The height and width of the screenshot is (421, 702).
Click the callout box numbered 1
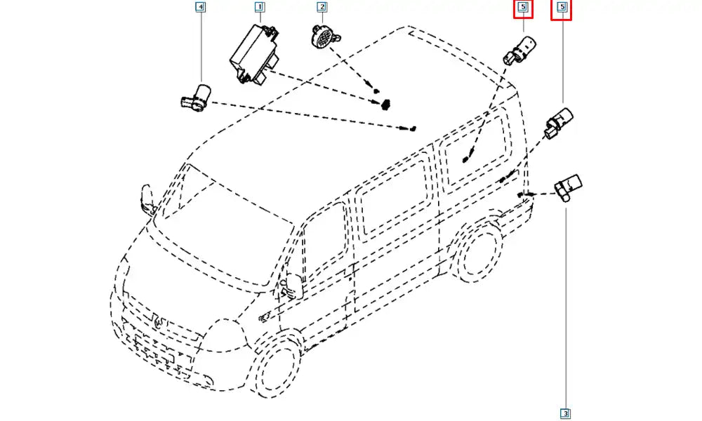tap(259, 7)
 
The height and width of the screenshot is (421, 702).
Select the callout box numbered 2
tap(322, 7)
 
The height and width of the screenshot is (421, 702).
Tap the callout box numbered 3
tap(565, 413)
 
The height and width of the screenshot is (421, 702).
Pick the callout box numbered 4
tap(201, 7)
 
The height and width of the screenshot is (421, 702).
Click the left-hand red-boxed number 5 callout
tap(523, 8)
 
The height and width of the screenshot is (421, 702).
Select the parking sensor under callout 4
tap(196, 98)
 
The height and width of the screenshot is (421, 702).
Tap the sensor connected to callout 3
tap(568, 187)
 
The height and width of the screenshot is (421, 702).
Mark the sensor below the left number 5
tap(519, 49)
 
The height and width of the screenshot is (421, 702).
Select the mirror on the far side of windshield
tap(147, 199)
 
